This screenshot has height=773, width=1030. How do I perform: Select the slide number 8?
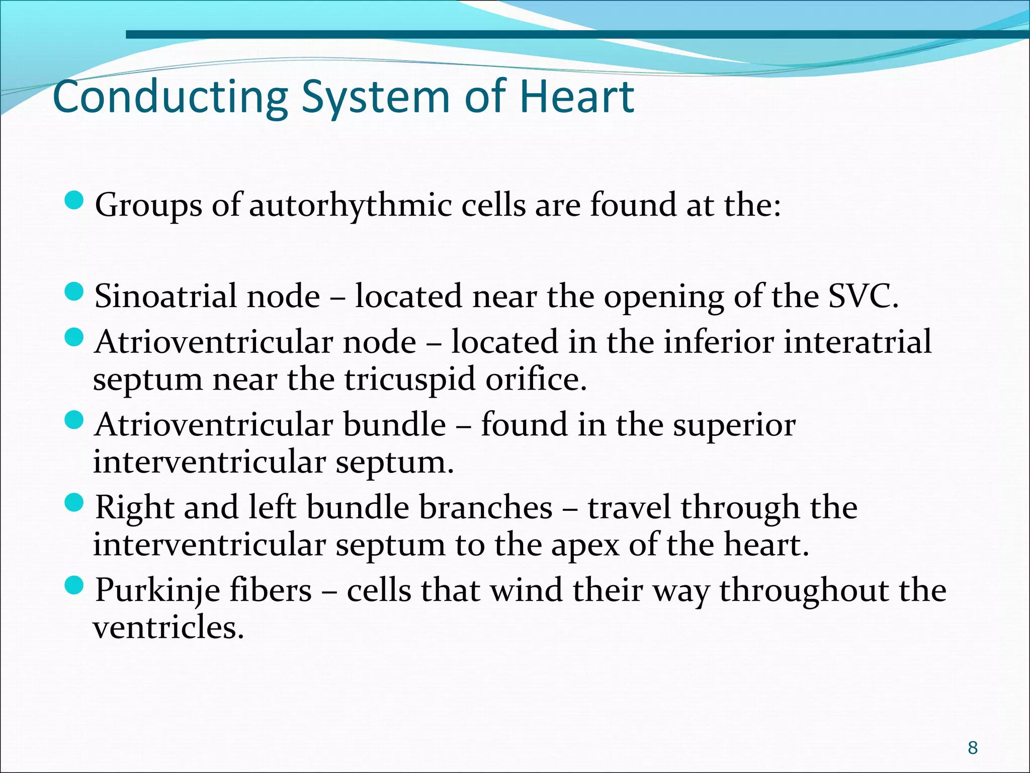tap(973, 748)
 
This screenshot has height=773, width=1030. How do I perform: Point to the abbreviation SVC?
tap(862, 296)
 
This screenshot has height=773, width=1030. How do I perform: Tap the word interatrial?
tap(857, 342)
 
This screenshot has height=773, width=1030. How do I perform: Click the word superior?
tap(734, 425)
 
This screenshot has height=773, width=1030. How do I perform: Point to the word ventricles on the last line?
tap(168, 628)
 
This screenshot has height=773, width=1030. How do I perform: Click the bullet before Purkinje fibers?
tap(74, 585)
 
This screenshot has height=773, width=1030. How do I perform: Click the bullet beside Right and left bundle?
tap(74, 502)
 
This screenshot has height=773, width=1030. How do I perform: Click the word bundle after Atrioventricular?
tap(394, 425)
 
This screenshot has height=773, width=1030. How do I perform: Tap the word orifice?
tap(536, 379)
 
